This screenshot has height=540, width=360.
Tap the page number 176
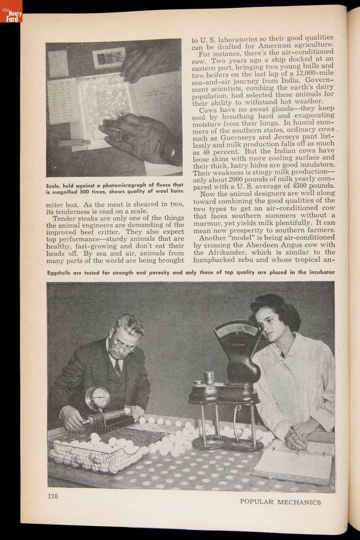(53, 497)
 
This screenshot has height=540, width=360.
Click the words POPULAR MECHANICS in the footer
(280, 502)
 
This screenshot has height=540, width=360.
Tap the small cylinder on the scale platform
(208, 377)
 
